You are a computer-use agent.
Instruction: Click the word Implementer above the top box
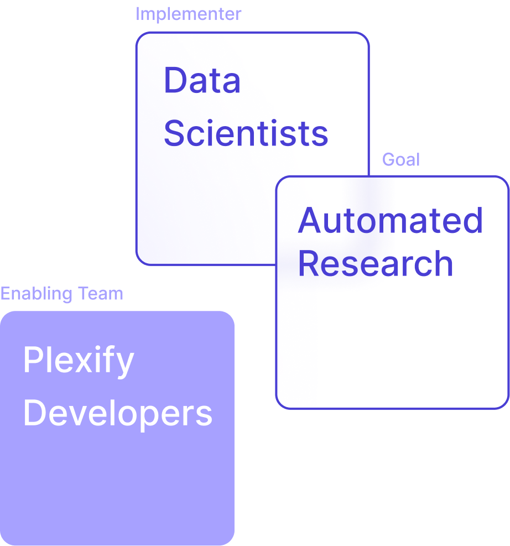click(188, 14)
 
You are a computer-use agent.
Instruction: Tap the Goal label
click(401, 160)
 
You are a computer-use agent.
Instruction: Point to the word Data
click(202, 80)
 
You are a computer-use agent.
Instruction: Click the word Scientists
click(246, 133)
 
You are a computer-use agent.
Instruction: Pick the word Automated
click(391, 220)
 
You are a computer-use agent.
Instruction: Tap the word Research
click(376, 263)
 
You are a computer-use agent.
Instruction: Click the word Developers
click(117, 414)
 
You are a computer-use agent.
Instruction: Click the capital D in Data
click(174, 80)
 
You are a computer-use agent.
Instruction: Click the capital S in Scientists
click(175, 133)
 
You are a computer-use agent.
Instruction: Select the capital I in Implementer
click(138, 14)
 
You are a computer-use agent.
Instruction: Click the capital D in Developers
click(34, 413)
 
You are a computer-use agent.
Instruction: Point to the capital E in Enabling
click(5, 294)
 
